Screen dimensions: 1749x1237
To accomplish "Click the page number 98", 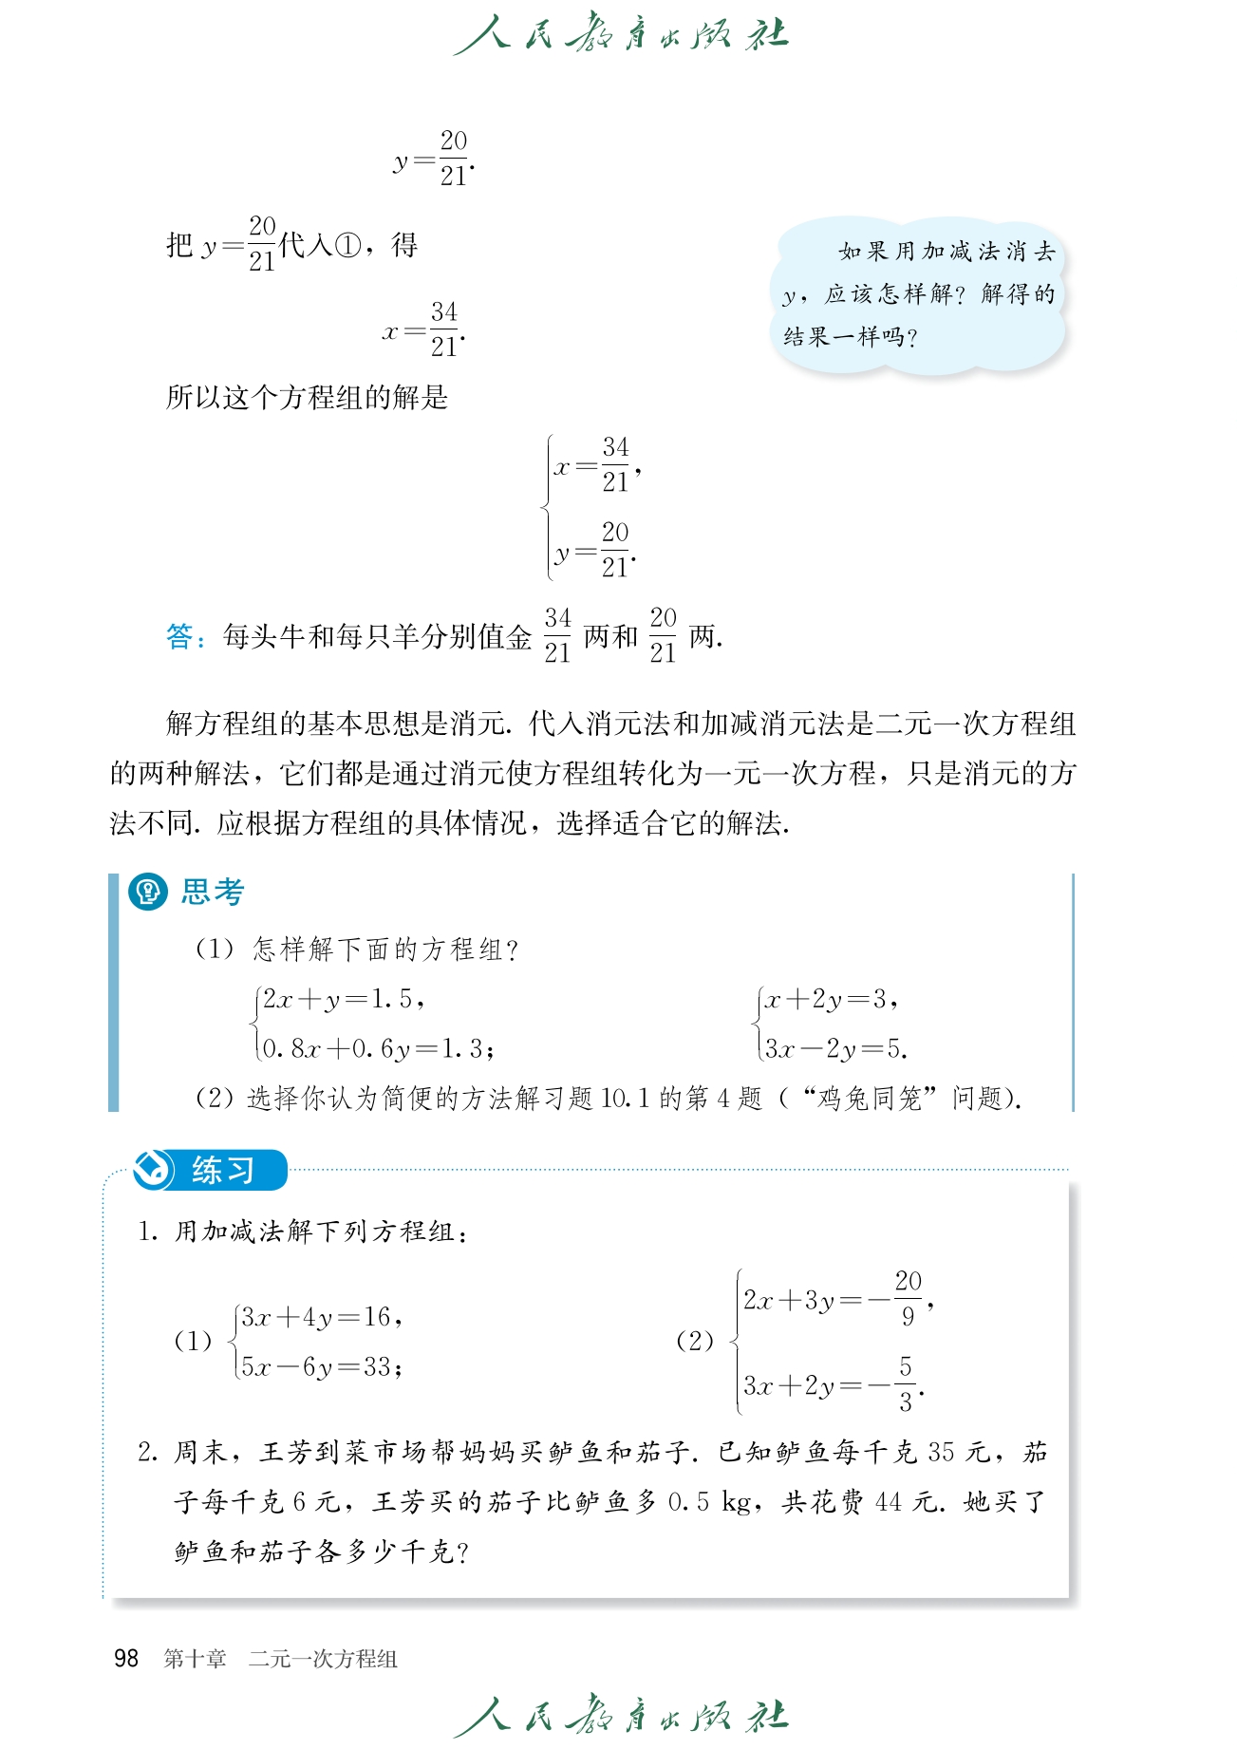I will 126,1658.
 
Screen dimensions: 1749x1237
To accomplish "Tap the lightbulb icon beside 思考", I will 147,892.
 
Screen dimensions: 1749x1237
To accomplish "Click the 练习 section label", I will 222,1170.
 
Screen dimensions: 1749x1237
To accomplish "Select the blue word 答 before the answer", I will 179,636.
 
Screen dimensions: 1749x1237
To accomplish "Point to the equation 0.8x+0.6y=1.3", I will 377,1048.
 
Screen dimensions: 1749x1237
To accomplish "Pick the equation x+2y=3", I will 827,999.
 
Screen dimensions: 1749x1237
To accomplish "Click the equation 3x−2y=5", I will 833,1048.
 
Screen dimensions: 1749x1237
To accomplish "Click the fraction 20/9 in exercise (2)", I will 908,1298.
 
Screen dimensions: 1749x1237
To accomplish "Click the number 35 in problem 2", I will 941,1452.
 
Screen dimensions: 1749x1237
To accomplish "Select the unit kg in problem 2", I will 737,1502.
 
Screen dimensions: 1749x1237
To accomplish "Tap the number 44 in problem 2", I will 888,1502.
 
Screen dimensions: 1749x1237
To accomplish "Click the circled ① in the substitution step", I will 348,246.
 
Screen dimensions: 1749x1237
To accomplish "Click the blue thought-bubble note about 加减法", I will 918,294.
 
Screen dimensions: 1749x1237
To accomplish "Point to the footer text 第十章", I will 195,1659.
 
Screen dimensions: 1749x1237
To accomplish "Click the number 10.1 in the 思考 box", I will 625,1099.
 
